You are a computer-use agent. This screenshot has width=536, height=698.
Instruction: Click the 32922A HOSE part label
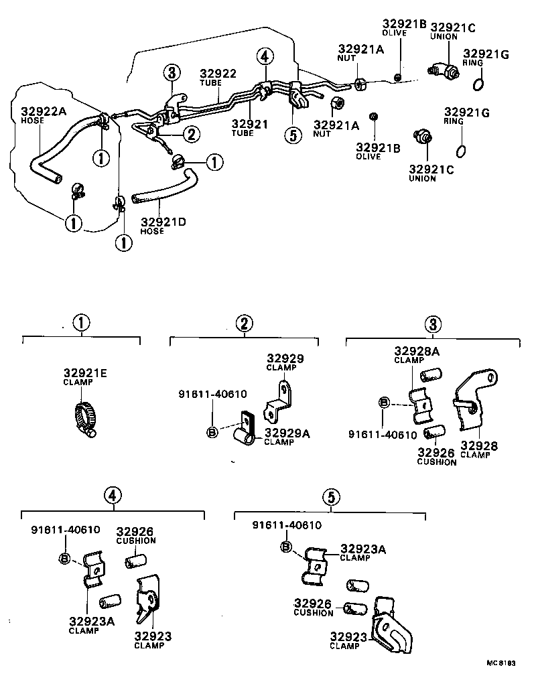coord(44,115)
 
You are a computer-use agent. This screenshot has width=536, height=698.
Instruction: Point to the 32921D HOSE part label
coord(163,225)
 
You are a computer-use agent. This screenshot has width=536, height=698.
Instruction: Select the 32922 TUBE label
coord(218,77)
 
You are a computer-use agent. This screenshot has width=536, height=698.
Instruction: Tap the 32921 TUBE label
coord(250,129)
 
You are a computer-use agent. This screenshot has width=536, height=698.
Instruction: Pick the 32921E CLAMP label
coord(85,377)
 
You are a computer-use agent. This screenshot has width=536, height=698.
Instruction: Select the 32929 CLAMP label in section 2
coord(285,362)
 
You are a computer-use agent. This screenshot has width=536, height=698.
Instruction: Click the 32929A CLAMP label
coord(287,437)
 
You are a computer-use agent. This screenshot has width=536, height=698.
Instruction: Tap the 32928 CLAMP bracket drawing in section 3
coord(474,402)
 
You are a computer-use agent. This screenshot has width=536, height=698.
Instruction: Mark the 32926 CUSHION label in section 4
coord(136,535)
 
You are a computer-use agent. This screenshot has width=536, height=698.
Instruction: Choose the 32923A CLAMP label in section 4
coord(91,624)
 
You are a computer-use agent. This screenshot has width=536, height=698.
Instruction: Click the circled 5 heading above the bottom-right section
coord(330,496)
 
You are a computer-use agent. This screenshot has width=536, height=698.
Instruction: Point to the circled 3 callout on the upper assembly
coord(172,72)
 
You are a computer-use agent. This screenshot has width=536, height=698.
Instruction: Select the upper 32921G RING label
coord(484,58)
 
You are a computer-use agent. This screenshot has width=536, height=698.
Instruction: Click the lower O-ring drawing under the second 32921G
coord(462,149)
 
